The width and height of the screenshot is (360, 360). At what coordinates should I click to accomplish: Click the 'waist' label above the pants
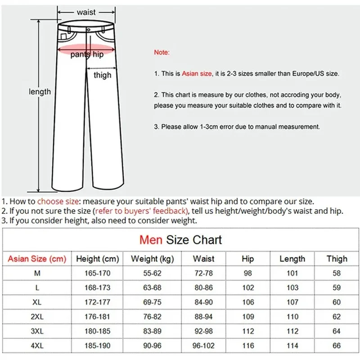pyautogui.click(x=86, y=12)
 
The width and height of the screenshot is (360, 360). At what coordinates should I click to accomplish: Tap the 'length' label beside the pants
pyautogui.click(x=40, y=92)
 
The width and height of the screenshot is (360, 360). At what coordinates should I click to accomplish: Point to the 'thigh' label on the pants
pyautogui.click(x=102, y=75)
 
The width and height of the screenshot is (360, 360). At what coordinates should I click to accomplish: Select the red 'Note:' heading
pyautogui.click(x=162, y=52)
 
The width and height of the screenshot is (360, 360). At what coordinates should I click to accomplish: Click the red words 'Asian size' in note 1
pyautogui.click(x=197, y=73)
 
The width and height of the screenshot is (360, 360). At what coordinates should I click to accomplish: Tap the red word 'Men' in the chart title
pyautogui.click(x=151, y=240)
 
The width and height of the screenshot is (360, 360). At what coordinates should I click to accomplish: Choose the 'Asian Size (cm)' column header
pyautogui.click(x=37, y=259)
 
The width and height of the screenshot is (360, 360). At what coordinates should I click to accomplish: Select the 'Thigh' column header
pyautogui.click(x=337, y=259)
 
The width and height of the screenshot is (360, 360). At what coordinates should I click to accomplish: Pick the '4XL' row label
pyautogui.click(x=37, y=346)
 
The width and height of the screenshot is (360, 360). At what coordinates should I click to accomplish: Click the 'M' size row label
pyautogui.click(x=37, y=273)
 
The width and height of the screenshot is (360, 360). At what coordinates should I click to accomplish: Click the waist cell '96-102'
pyautogui.click(x=203, y=346)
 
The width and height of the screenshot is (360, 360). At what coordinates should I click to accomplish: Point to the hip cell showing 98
pyautogui.click(x=248, y=273)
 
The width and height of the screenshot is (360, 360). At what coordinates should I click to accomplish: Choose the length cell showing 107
pyautogui.click(x=292, y=302)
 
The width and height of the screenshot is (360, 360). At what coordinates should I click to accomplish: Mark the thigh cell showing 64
pyautogui.click(x=337, y=332)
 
